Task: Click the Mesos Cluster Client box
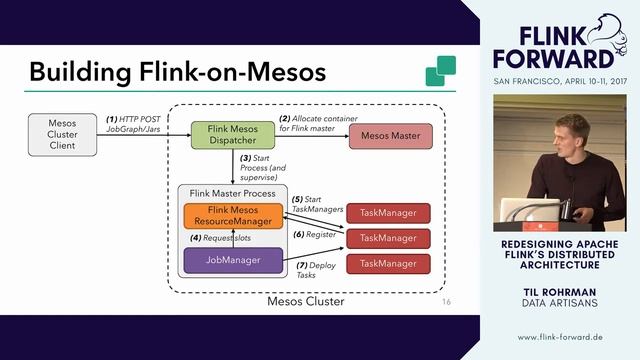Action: click(62, 135)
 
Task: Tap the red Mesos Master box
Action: click(389, 135)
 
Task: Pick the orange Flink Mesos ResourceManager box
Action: click(233, 215)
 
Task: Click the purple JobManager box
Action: click(233, 260)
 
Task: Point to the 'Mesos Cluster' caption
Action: click(305, 301)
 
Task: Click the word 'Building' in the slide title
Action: click(81, 72)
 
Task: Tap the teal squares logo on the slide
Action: click(440, 71)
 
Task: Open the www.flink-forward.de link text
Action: click(565, 337)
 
